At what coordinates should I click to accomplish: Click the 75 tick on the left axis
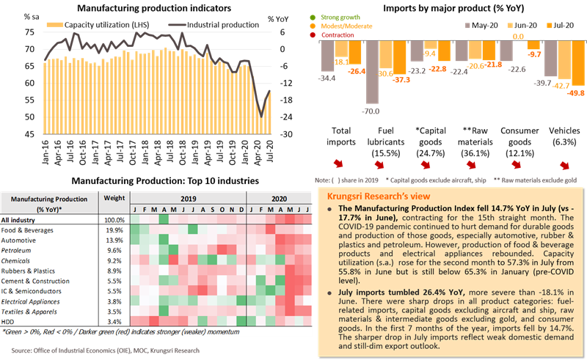(x=27, y=32)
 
